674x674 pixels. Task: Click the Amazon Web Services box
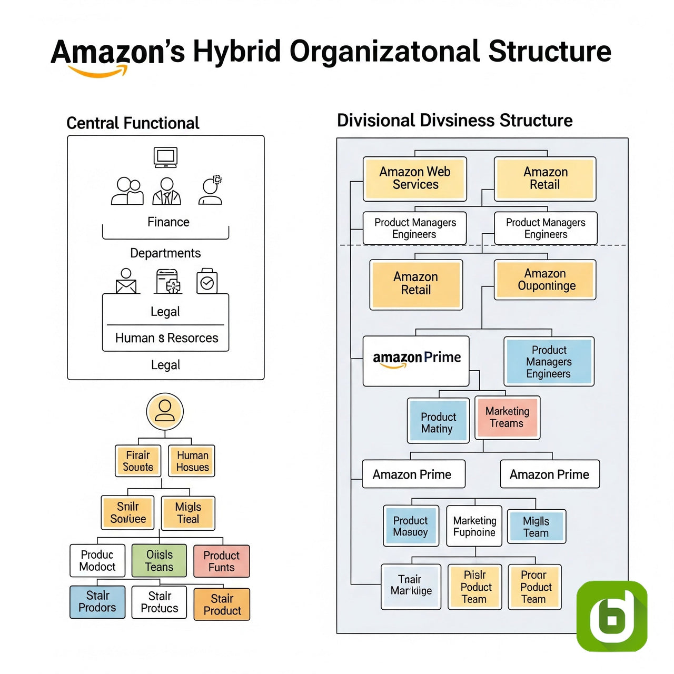(x=415, y=179)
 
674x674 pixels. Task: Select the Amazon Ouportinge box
(x=545, y=280)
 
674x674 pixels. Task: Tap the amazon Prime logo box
(x=416, y=361)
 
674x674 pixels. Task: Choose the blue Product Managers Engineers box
(x=549, y=362)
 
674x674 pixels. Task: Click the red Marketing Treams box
(x=507, y=418)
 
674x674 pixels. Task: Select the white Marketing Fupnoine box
(x=474, y=527)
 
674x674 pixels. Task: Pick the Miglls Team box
(x=536, y=527)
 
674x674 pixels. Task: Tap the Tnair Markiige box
(x=411, y=586)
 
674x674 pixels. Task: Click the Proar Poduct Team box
(x=534, y=587)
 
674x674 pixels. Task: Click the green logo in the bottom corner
(x=612, y=616)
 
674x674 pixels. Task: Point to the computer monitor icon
(x=165, y=157)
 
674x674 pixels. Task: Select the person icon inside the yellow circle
(x=165, y=411)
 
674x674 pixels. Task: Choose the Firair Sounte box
(x=138, y=461)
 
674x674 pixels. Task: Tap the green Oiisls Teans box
(x=159, y=561)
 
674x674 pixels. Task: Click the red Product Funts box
(x=222, y=561)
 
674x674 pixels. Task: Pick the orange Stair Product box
(x=222, y=604)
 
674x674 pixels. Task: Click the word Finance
(x=168, y=222)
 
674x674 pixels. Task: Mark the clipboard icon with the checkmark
(x=207, y=282)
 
